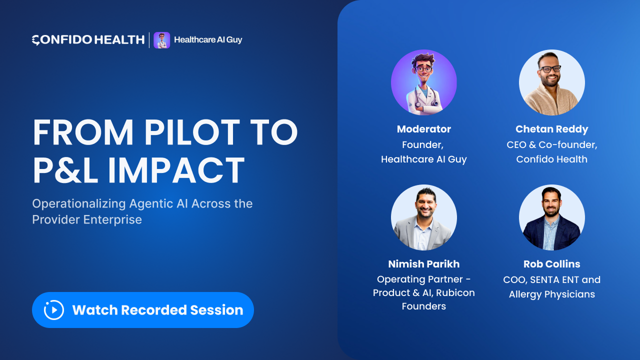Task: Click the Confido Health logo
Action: (88, 40)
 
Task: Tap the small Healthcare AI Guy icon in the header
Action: (161, 40)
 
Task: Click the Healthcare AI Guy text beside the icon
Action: (208, 39)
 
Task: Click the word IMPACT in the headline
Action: (176, 170)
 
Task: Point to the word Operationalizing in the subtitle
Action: (79, 204)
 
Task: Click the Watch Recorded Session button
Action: (143, 310)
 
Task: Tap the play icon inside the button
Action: (53, 310)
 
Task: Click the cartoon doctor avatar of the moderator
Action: (423, 82)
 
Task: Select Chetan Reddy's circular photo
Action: (551, 82)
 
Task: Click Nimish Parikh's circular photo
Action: (423, 217)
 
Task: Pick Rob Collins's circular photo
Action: (551, 217)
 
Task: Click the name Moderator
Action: (423, 129)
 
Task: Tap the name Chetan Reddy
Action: (551, 129)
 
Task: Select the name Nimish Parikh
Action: (423, 264)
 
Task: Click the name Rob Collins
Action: (551, 264)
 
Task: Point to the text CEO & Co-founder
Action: (551, 145)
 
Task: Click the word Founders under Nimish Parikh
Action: (423, 306)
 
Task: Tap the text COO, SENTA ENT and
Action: (551, 279)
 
